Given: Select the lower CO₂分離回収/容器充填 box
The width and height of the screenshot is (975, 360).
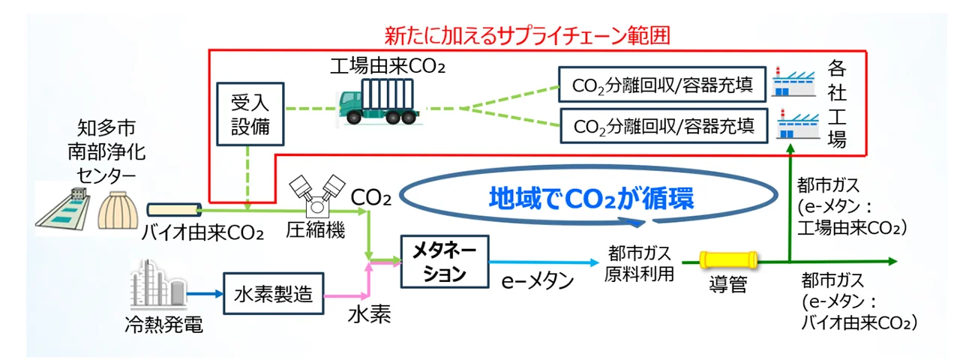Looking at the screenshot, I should click(664, 124).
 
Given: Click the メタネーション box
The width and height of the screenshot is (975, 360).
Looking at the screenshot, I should click(444, 260).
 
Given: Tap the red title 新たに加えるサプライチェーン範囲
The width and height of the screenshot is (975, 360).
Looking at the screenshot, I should click(525, 34).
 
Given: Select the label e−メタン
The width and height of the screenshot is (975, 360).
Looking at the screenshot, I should click(538, 283).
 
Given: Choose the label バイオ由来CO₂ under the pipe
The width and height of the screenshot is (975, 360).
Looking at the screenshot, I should click(202, 232).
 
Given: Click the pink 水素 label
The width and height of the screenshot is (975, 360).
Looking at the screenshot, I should click(368, 316).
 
